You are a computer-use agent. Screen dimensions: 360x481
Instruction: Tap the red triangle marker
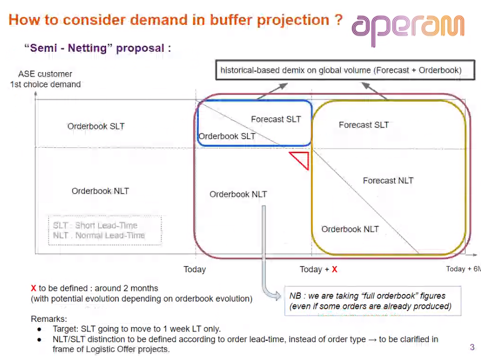301,159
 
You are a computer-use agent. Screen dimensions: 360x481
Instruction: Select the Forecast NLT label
388,181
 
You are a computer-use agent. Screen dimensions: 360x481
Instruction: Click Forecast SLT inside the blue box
276,119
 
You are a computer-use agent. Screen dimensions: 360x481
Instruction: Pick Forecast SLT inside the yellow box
364,125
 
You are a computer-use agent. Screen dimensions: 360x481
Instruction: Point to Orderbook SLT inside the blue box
227,136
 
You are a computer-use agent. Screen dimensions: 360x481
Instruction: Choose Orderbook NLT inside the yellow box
350,229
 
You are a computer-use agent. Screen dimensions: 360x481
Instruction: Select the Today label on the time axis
195,269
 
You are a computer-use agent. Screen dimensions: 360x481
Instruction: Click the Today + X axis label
318,269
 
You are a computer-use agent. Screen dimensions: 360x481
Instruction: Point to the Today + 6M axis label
463,269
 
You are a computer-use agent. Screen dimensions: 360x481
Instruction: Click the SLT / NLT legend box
104,231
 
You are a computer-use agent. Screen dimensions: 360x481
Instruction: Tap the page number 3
472,347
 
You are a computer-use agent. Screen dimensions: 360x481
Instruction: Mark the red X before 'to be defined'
34,288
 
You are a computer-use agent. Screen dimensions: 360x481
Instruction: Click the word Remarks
49,319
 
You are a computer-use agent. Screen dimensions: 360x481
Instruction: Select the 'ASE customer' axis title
45,74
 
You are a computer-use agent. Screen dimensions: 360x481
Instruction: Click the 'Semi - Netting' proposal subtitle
98,48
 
